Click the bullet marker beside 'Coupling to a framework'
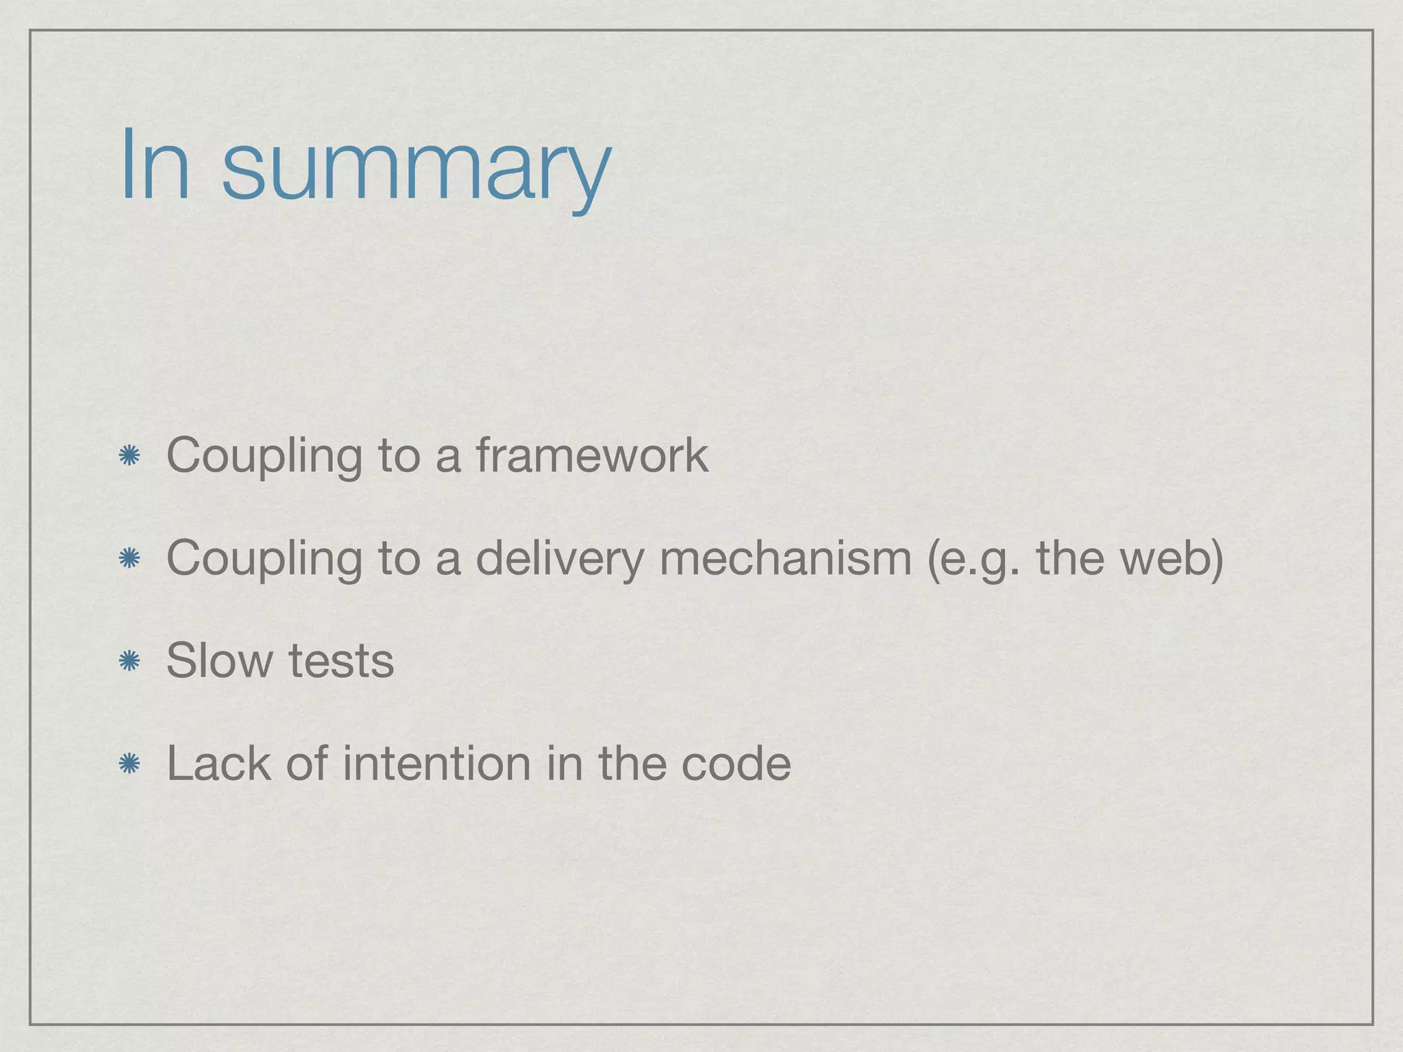(x=129, y=455)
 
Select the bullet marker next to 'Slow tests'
(x=129, y=661)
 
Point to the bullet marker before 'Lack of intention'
(x=129, y=764)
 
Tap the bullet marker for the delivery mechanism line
(x=129, y=558)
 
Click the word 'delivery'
(x=560, y=559)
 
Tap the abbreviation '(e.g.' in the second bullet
(x=973, y=559)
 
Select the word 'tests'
(x=341, y=662)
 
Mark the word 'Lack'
(x=219, y=763)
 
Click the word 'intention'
(x=436, y=763)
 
